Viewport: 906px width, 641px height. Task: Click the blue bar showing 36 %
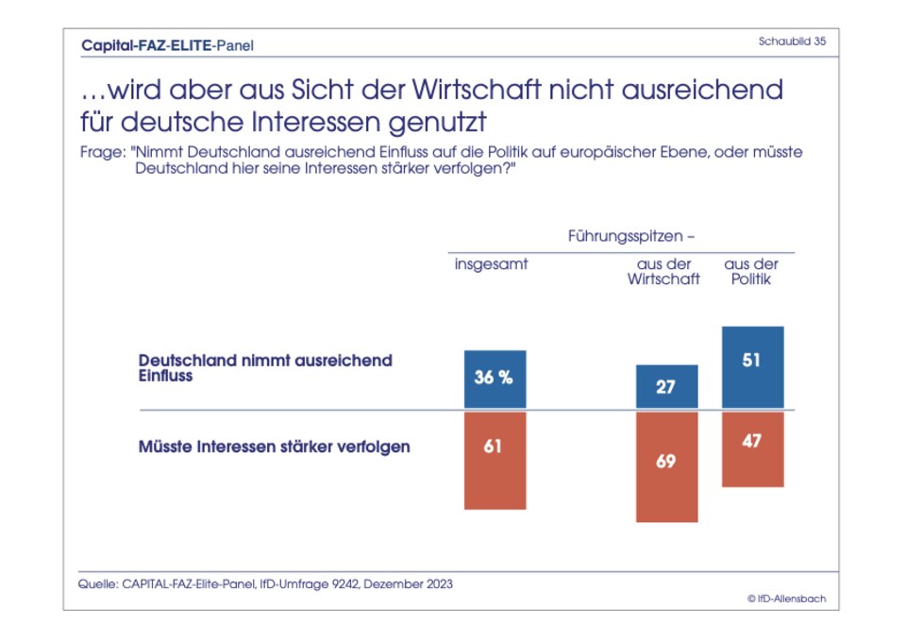[x=495, y=380]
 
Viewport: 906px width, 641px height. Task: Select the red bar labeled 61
[x=495, y=460]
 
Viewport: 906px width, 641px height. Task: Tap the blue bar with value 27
[x=666, y=387]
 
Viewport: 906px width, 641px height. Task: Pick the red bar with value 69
[x=666, y=466]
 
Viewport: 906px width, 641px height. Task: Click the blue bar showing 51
[x=752, y=368]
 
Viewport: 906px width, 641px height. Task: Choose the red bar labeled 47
[x=752, y=448]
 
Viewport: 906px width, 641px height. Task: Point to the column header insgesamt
[x=491, y=264]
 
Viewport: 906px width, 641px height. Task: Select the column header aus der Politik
[x=751, y=272]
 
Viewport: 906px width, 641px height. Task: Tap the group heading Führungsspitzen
[x=631, y=234]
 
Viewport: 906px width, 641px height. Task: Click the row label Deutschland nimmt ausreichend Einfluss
[x=264, y=368]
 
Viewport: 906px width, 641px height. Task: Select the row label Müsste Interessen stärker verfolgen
[x=274, y=447]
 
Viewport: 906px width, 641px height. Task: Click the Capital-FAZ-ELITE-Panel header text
[x=167, y=44]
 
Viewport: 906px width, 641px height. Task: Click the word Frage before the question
[x=100, y=152]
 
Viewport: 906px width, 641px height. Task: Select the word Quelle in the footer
[x=96, y=584]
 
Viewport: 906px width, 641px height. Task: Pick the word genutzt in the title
[x=448, y=124]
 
